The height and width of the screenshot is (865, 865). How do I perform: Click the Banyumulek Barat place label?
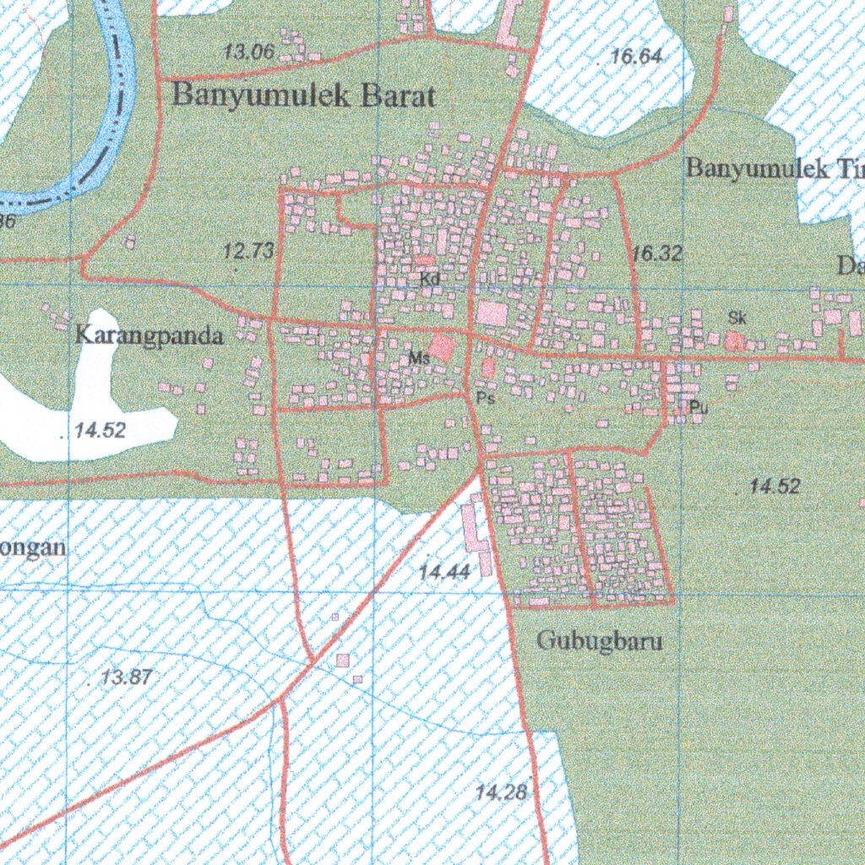pos(303,95)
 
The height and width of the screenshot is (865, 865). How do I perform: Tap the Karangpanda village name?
pos(150,336)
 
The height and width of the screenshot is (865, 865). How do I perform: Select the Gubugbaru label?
pos(600,641)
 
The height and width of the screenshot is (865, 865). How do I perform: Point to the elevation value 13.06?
pos(248,52)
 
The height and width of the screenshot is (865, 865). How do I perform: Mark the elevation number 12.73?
pos(248,251)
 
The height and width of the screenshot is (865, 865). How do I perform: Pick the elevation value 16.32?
pos(656,253)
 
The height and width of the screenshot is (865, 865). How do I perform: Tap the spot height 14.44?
pos(443,573)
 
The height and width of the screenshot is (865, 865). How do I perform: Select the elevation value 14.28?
pos(501,792)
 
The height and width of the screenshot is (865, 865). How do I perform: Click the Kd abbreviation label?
pos(429,278)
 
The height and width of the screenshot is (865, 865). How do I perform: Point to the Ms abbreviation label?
pos(419,358)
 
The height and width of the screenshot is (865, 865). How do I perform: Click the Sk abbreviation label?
pos(737,318)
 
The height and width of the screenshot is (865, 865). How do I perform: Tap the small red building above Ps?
pos(488,368)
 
